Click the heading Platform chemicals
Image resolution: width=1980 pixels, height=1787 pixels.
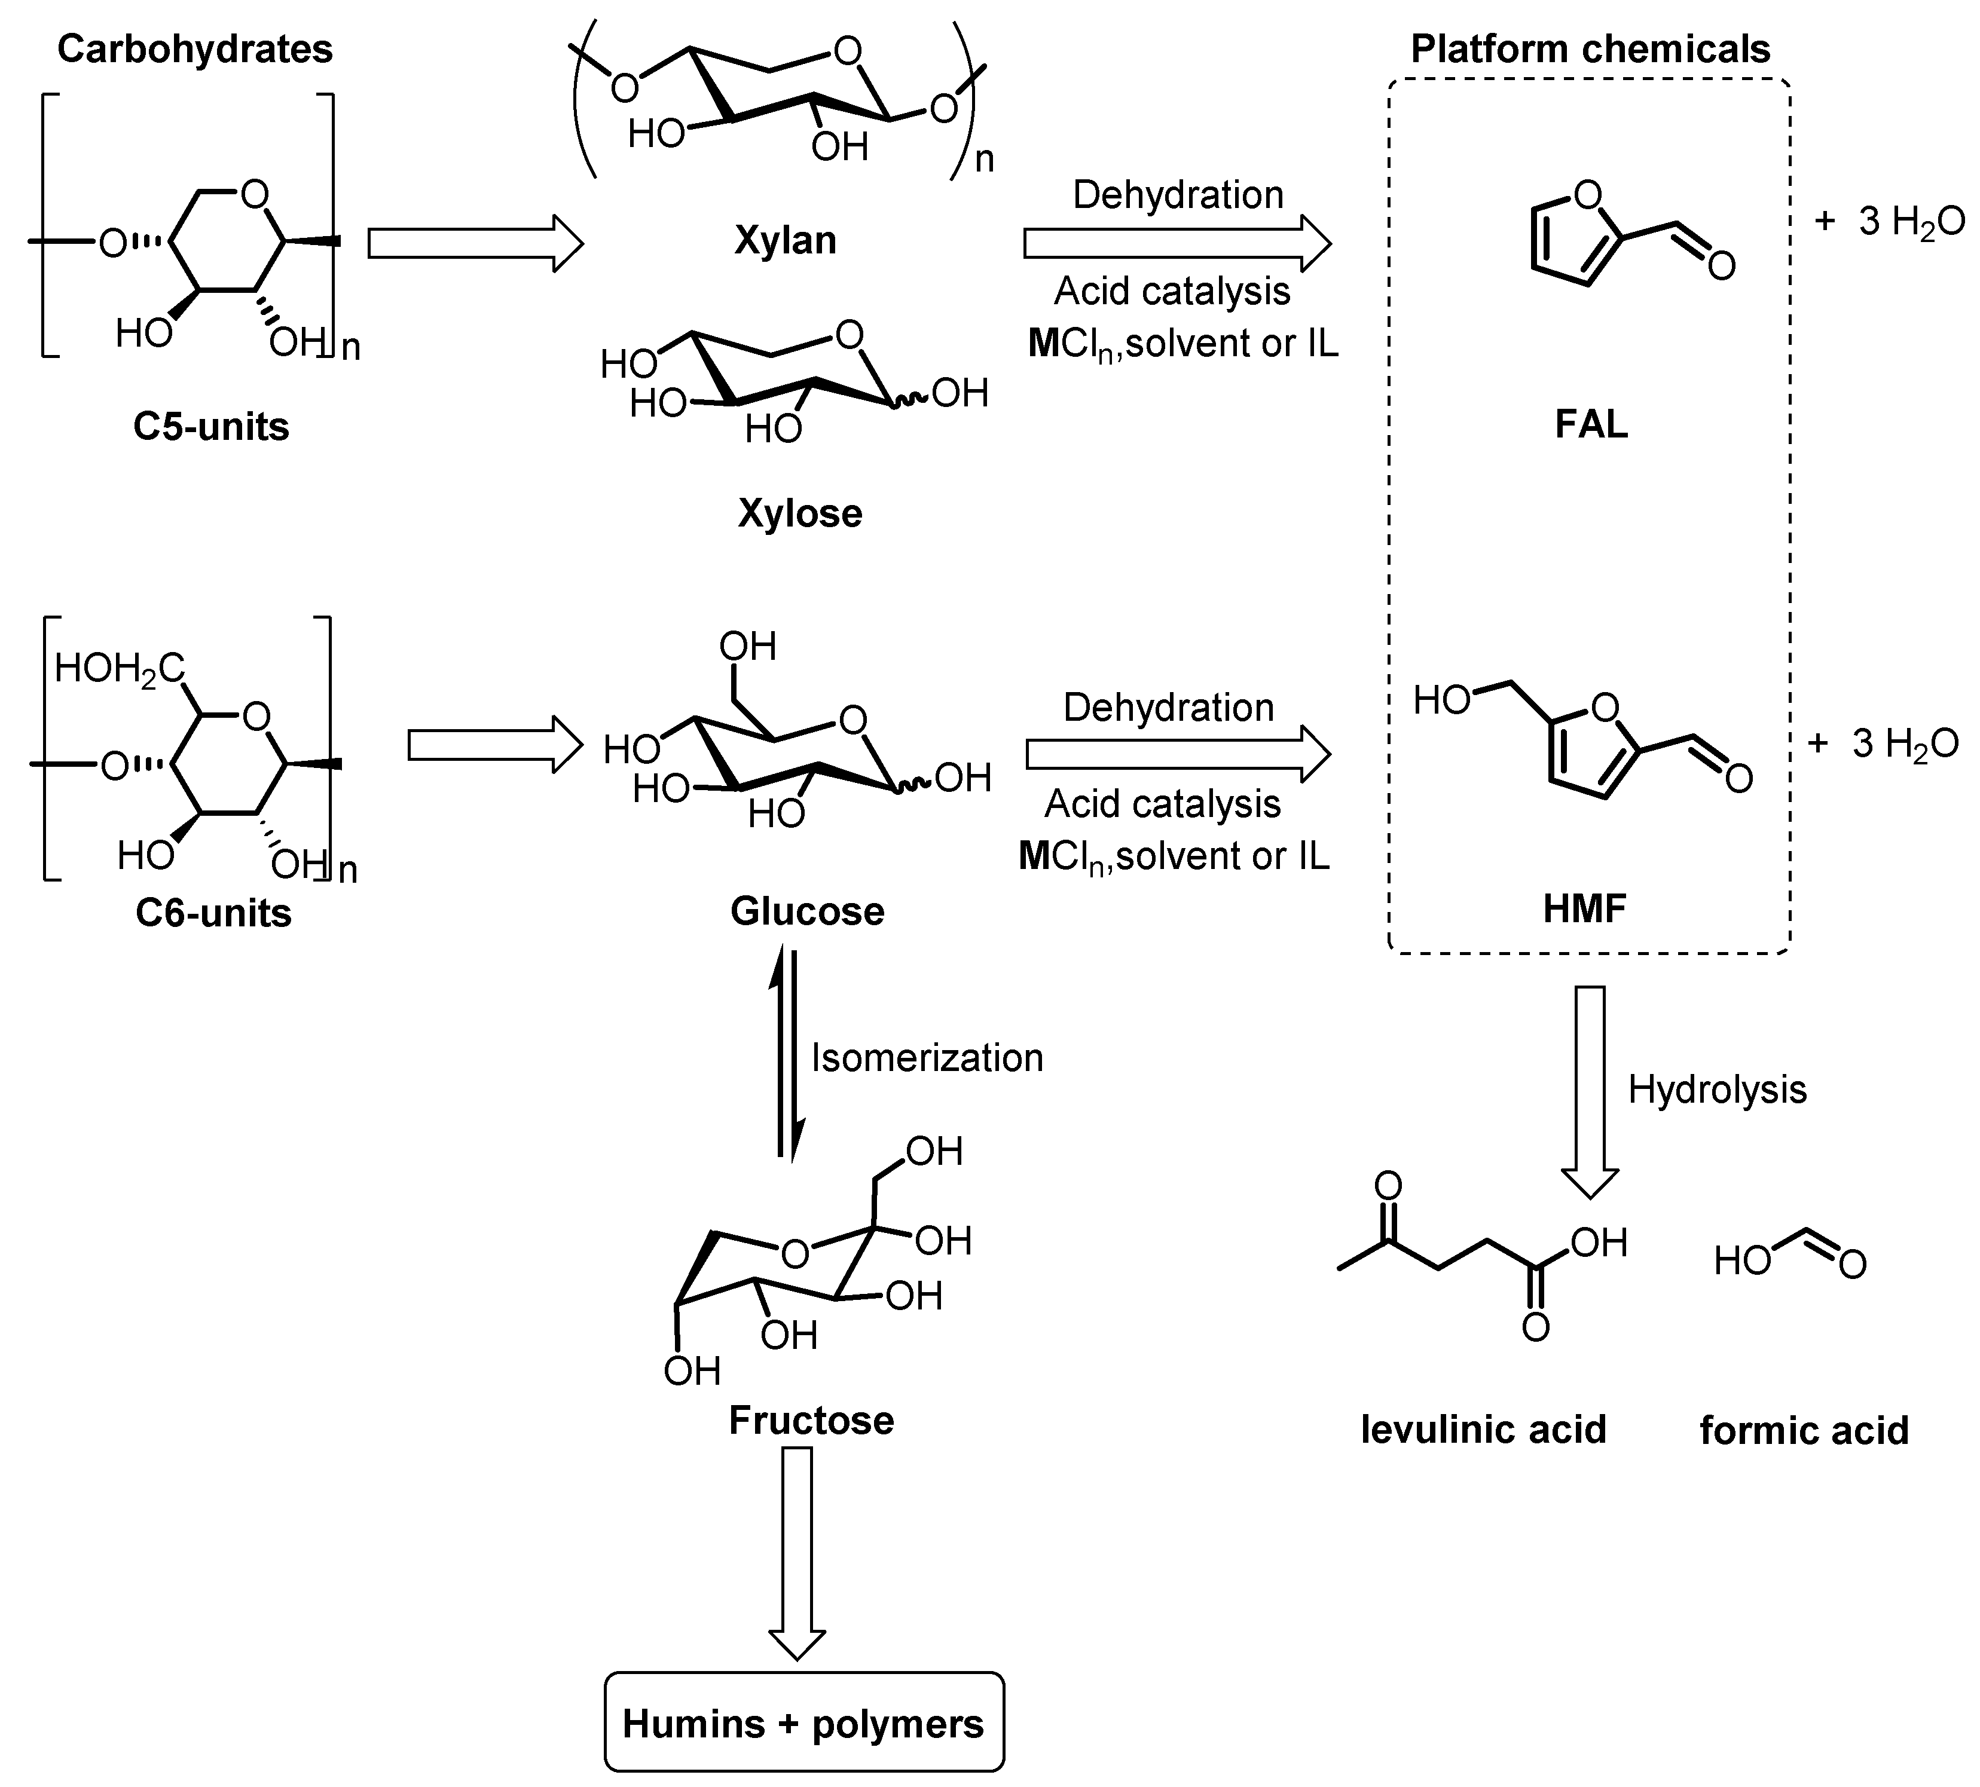click(1590, 49)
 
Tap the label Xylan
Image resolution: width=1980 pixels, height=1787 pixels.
click(785, 240)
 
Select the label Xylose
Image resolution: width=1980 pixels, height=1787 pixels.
click(799, 513)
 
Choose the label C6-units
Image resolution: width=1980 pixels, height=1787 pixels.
click(213, 913)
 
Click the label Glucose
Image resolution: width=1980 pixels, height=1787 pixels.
click(807, 911)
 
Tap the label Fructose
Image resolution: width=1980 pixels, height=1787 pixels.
click(811, 1421)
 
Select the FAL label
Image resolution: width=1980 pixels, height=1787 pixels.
click(1591, 424)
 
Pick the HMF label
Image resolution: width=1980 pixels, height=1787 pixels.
click(1584, 909)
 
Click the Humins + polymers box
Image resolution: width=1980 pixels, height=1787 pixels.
click(803, 1724)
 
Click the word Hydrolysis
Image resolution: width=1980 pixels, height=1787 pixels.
click(1717, 1090)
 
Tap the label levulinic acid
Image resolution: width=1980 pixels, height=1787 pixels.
click(1483, 1430)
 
